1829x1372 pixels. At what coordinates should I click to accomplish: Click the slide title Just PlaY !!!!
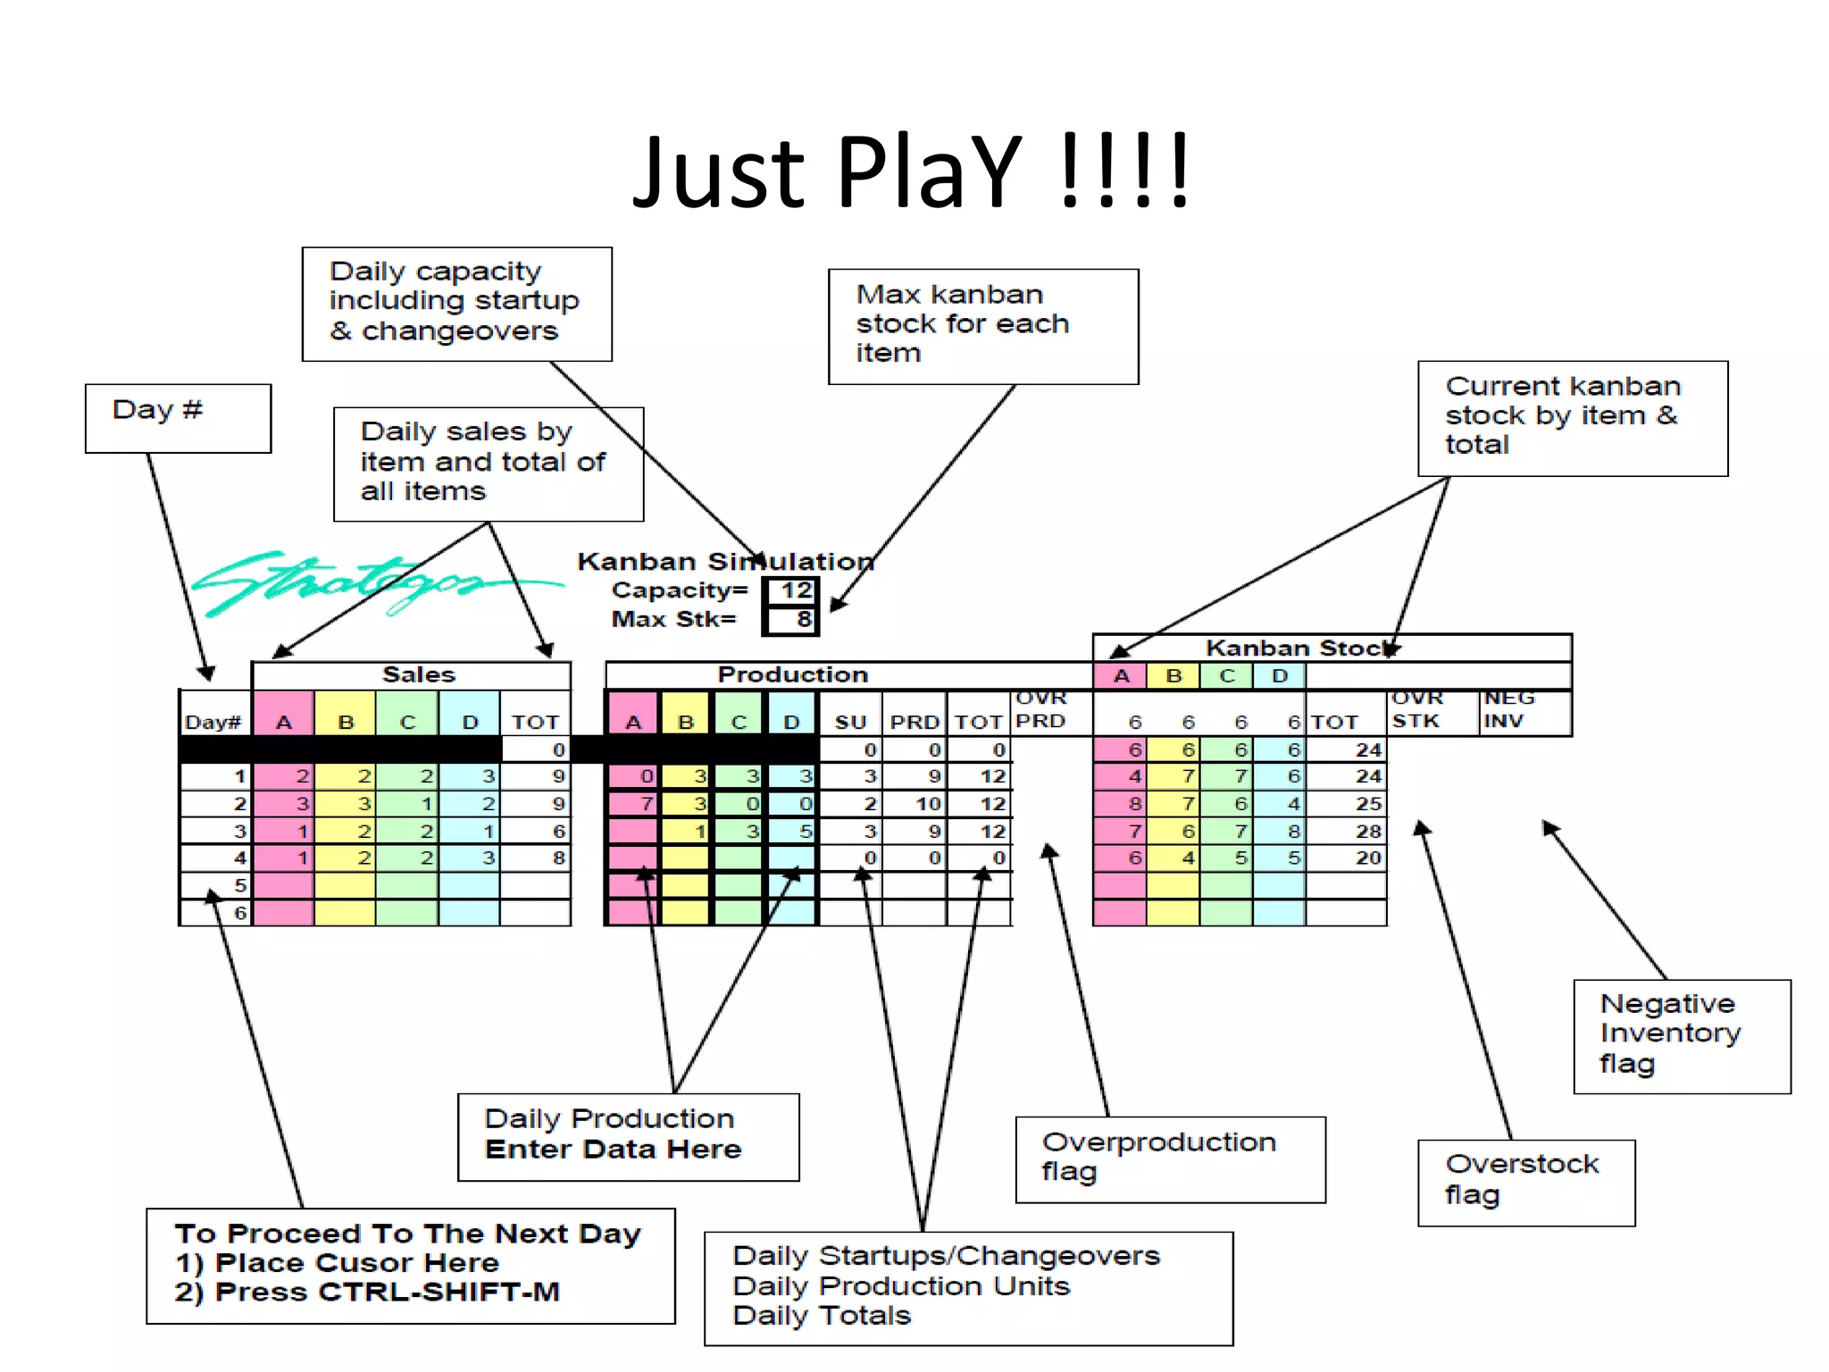click(x=911, y=171)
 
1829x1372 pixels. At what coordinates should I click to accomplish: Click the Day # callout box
click(x=178, y=418)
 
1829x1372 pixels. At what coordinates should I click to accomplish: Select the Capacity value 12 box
click(x=791, y=590)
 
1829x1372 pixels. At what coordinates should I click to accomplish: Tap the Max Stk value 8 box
click(x=791, y=619)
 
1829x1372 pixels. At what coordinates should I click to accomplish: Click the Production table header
click(x=792, y=674)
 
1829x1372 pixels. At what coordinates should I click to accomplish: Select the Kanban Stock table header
click(x=1299, y=648)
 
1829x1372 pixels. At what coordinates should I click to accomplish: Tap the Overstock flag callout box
click(x=1525, y=1181)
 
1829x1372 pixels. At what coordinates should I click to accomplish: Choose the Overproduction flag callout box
click(x=1169, y=1158)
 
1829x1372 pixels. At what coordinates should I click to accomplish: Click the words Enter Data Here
click(x=613, y=1149)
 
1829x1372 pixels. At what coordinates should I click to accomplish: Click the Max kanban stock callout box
click(x=982, y=326)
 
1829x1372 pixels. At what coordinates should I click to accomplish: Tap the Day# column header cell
click(x=213, y=722)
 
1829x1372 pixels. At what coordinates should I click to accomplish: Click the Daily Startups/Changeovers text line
click(x=946, y=1256)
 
